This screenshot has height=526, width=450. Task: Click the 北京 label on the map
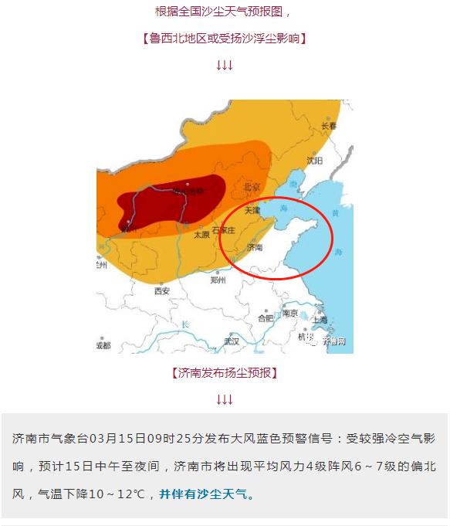click(x=252, y=187)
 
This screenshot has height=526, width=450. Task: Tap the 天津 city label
click(x=253, y=210)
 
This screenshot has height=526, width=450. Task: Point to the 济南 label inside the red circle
click(x=255, y=248)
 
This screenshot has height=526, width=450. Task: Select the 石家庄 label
click(x=224, y=229)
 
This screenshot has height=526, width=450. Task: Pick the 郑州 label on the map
click(x=218, y=280)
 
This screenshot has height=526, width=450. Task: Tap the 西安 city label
click(x=161, y=291)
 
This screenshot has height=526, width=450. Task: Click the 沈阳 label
click(x=314, y=161)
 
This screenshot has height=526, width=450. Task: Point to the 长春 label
click(x=330, y=126)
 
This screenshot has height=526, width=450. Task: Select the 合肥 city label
click(x=266, y=317)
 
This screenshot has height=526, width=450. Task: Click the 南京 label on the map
click(x=290, y=313)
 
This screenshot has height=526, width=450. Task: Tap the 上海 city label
click(x=320, y=320)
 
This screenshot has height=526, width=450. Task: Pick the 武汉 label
click(x=232, y=341)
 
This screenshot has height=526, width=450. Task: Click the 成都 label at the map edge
click(x=103, y=345)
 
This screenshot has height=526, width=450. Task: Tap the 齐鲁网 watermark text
click(x=334, y=341)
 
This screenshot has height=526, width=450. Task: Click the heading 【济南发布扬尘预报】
click(x=224, y=373)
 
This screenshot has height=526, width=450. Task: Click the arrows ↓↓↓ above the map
click(x=225, y=66)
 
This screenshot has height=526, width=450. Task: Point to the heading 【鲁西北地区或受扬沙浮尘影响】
click(x=224, y=38)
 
